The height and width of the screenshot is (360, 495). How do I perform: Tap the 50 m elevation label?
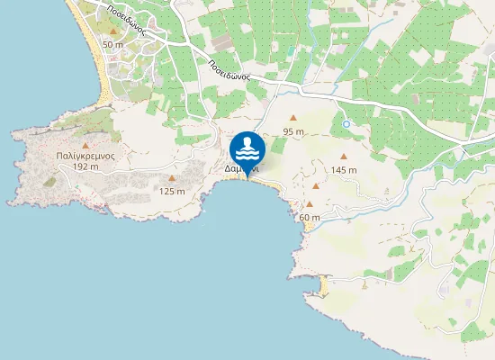coord(112,44)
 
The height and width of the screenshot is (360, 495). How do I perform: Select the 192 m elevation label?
coord(85,166)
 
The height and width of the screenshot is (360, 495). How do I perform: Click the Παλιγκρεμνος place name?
coord(83,156)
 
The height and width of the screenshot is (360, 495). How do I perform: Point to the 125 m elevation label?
coord(172,191)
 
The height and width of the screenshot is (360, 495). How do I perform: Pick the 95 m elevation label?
coord(293,131)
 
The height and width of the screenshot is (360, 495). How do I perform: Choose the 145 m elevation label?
coord(343,169)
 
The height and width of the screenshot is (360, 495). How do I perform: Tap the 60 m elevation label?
coord(310,217)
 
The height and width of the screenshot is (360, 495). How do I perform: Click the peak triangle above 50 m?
coord(112,31)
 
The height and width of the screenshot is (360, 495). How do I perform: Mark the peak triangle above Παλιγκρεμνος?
coord(85,144)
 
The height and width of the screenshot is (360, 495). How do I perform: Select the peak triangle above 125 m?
coord(172,178)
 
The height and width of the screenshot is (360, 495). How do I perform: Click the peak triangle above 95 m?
coord(293,119)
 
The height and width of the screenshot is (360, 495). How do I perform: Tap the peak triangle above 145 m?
coord(343,157)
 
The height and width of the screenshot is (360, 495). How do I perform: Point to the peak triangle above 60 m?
coord(310,204)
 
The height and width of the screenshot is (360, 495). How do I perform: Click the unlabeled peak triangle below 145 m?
coord(316,186)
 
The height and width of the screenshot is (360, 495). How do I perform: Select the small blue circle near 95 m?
coord(346,124)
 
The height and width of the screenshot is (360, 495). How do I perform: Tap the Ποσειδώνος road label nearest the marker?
coord(229,71)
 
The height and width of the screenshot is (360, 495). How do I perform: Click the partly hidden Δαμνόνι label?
coord(241,167)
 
